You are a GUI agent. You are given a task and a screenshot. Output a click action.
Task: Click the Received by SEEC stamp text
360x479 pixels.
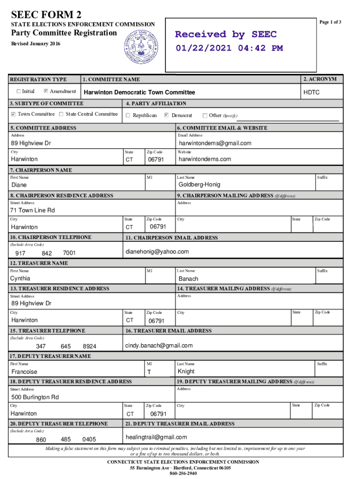click(226, 34)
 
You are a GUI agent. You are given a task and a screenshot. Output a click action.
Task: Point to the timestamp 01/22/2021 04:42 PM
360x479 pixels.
click(229, 48)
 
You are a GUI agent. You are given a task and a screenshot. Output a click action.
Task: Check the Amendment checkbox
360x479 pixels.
click(46, 91)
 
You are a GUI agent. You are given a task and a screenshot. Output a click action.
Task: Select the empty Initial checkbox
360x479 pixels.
click(19, 91)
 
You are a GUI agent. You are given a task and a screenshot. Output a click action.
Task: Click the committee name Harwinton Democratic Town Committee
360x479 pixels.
click(139, 93)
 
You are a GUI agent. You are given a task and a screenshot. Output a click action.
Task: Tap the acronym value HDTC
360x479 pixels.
click(311, 93)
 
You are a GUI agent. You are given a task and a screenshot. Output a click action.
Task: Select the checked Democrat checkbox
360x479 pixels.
click(167, 115)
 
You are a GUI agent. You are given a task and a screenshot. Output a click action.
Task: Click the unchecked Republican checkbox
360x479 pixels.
click(128, 115)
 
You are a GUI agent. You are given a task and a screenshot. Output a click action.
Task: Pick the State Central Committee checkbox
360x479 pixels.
click(61, 114)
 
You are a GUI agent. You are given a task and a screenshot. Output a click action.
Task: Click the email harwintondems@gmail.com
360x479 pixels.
click(215, 143)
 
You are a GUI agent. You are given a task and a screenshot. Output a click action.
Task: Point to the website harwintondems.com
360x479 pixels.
click(205, 159)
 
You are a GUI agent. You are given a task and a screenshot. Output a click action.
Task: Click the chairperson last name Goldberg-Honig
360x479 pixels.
click(199, 185)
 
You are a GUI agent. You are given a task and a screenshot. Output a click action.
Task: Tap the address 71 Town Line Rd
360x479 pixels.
click(33, 210)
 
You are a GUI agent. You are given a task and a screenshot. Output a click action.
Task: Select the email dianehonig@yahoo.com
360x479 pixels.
click(157, 252)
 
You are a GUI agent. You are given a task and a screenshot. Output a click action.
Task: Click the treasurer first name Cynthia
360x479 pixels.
click(21, 278)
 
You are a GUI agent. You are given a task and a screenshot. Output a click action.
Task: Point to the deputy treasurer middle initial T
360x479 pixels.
click(149, 372)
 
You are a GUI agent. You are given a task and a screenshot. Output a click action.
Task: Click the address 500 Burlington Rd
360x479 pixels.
click(35, 397)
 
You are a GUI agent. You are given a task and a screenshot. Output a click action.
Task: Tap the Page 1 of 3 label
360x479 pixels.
click(330, 22)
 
